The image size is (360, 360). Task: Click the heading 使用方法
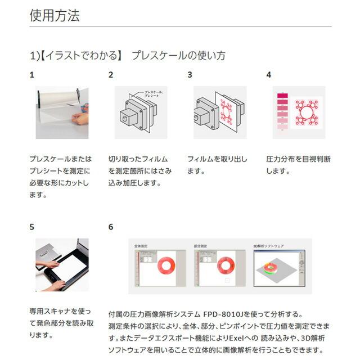pyautogui.click(x=55, y=15)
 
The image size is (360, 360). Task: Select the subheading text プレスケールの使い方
pyautogui.click(x=178, y=55)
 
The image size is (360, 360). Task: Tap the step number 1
pyautogui.click(x=32, y=74)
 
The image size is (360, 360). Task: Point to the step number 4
pyautogui.click(x=269, y=74)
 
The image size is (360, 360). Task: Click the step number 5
pyautogui.click(x=32, y=227)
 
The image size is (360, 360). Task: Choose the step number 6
pyautogui.click(x=111, y=227)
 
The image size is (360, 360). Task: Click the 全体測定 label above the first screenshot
pyautogui.click(x=141, y=246)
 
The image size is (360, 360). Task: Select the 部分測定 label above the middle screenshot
pyautogui.click(x=201, y=246)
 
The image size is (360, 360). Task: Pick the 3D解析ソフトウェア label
pyautogui.click(x=269, y=246)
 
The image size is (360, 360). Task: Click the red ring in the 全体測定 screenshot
pyautogui.click(x=167, y=266)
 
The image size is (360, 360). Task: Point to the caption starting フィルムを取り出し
pyautogui.click(x=217, y=165)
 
